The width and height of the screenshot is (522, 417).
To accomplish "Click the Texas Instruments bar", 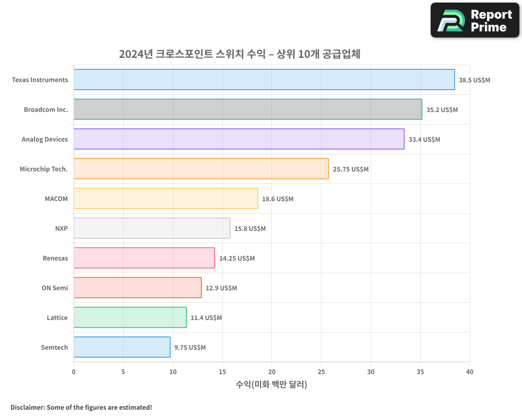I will [x=264, y=80].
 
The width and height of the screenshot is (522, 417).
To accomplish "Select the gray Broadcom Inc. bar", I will [x=247, y=109].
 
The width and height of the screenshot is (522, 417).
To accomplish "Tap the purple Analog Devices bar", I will [x=239, y=139].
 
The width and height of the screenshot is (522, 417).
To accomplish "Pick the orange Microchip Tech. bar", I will [x=201, y=169].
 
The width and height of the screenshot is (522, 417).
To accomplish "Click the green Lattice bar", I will [x=130, y=317].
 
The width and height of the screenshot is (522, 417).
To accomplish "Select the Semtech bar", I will [x=122, y=347].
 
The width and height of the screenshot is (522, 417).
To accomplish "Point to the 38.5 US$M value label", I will [x=474, y=80].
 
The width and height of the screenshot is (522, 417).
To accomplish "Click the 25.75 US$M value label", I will [x=351, y=169].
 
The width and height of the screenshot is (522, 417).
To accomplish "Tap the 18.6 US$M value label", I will [x=277, y=199].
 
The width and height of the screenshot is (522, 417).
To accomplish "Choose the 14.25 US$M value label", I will [x=237, y=259].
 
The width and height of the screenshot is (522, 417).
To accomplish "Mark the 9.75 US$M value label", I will [x=190, y=348].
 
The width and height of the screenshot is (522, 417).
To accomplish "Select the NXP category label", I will [x=61, y=228].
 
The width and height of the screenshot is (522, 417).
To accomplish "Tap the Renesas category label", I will [x=55, y=258].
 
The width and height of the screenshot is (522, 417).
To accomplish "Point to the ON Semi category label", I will [x=54, y=288].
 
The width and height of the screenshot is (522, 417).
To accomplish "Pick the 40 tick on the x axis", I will [x=470, y=372].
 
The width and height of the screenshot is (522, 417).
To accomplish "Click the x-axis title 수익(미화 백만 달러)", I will [x=271, y=385].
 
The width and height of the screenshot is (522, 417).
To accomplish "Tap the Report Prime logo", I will [x=474, y=20].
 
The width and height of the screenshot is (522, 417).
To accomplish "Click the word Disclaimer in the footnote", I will [x=27, y=407].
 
